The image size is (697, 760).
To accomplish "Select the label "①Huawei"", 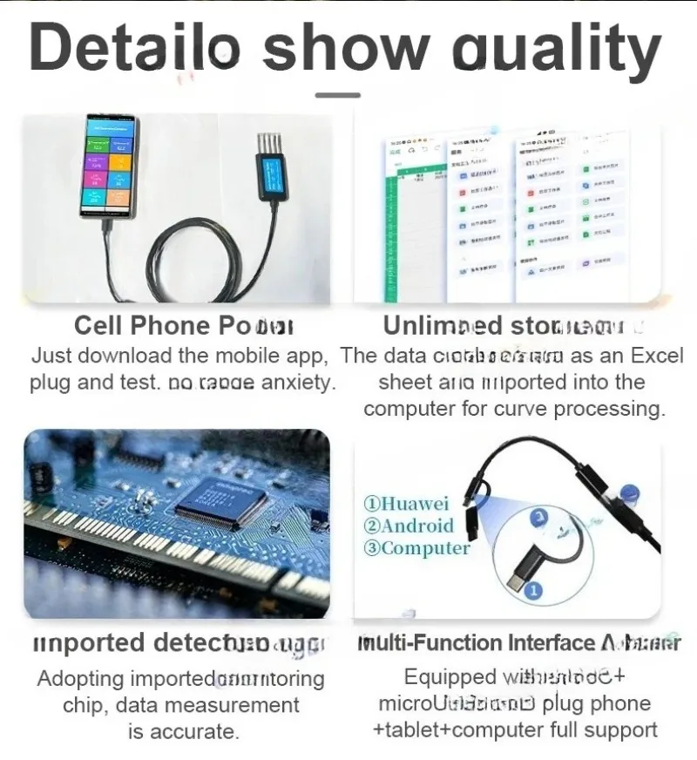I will pyautogui.click(x=406, y=504).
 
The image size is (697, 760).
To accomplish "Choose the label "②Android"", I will pyautogui.click(x=409, y=526).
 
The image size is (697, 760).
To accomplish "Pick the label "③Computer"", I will pyautogui.click(x=416, y=548).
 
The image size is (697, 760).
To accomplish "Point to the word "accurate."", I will pyautogui.click(x=183, y=731).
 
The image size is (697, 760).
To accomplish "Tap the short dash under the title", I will pyautogui.click(x=337, y=94).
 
